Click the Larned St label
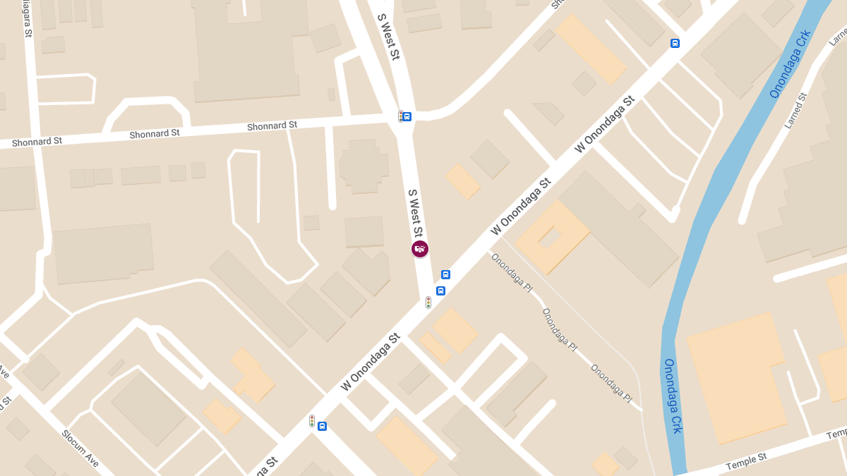[x=795, y=111]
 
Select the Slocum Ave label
[x=80, y=447]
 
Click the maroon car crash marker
[x=420, y=249]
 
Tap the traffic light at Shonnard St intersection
[x=400, y=116]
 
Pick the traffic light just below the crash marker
[x=428, y=303]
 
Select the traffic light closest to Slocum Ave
[x=311, y=421]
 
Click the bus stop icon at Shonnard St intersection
[x=407, y=116]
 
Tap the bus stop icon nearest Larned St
[x=675, y=43]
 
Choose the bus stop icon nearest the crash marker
[x=445, y=274]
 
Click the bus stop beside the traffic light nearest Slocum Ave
[x=322, y=426]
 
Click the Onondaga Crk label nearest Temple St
[x=673, y=396]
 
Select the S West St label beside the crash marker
[x=415, y=212]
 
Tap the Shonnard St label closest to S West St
[x=272, y=126]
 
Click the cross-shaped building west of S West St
[x=364, y=166]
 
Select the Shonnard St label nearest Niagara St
[x=37, y=141]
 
